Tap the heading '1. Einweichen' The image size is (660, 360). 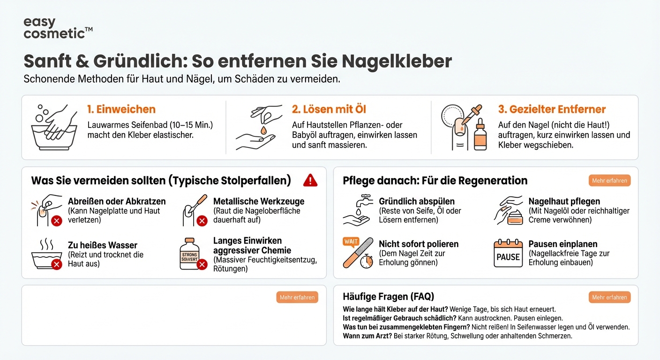coord(121,109)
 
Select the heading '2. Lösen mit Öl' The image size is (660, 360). coord(329,109)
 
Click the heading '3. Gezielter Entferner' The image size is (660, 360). coord(552,109)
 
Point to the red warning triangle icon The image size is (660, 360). coord(310,180)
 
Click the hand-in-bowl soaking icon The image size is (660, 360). coord(53,127)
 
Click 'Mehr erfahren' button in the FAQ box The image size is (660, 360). coord(609,297)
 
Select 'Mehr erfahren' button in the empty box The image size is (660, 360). coord(297,297)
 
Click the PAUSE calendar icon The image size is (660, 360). coord(508,254)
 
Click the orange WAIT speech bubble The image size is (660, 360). coord(351,242)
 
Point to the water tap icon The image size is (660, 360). coord(358,203)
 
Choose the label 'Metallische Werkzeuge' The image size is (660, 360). coord(259,201)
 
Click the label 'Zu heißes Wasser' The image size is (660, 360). coord(103,245)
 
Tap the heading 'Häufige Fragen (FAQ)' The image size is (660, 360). coord(388,296)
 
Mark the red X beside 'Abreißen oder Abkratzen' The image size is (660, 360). coord(56,221)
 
